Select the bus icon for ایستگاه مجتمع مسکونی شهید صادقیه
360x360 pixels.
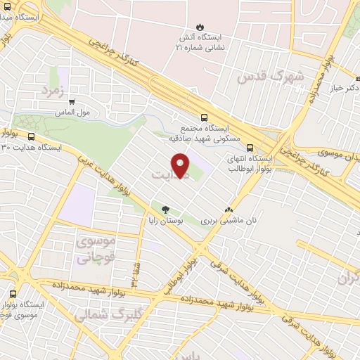pos(204,117)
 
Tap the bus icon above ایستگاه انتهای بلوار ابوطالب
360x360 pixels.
pos(250,147)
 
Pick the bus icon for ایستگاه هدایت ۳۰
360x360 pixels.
pos(31,136)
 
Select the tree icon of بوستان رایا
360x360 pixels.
pos(166,209)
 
